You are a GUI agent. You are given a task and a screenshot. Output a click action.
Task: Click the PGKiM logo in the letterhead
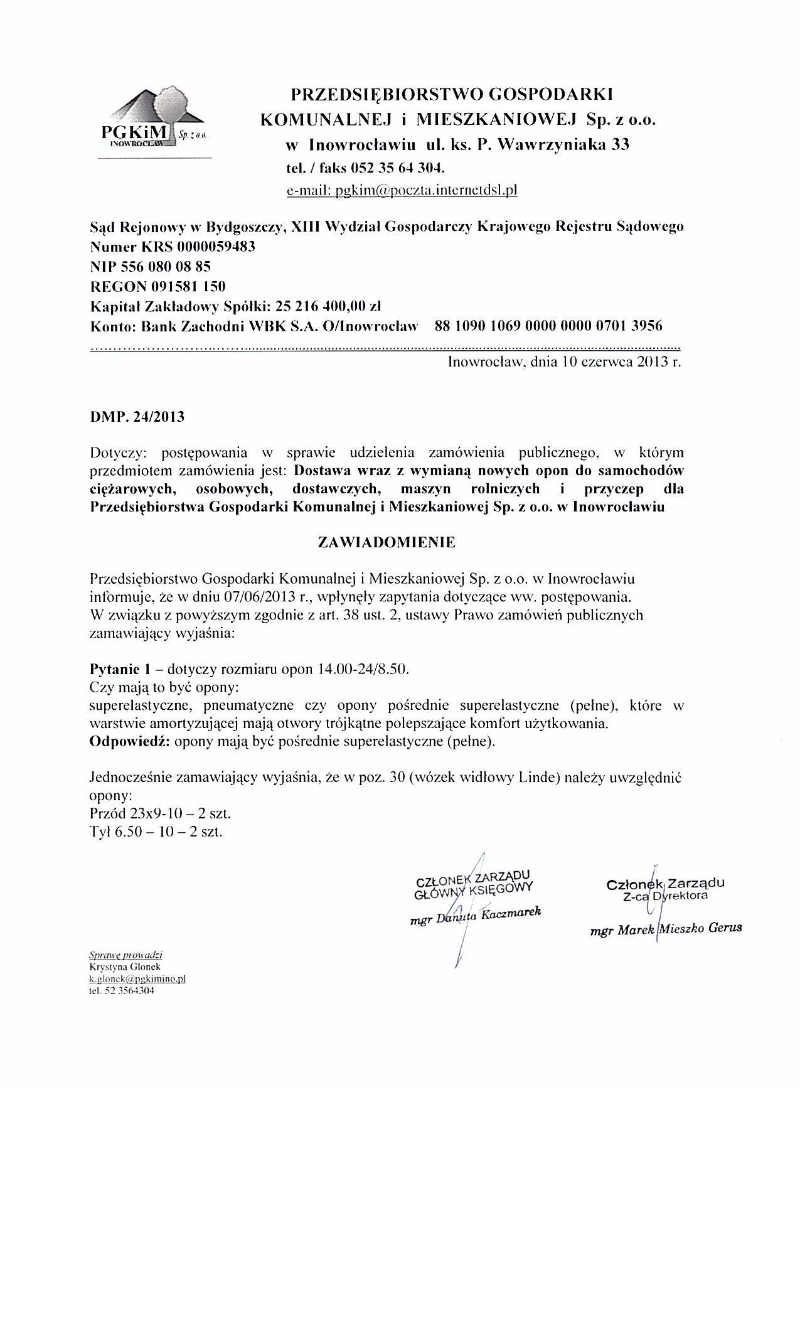click(154, 119)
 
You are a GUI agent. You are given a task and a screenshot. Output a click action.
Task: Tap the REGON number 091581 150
click(188, 287)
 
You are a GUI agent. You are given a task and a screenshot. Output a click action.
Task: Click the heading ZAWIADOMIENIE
click(387, 543)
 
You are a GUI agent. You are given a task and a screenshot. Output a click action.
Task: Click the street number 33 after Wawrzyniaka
click(620, 146)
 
